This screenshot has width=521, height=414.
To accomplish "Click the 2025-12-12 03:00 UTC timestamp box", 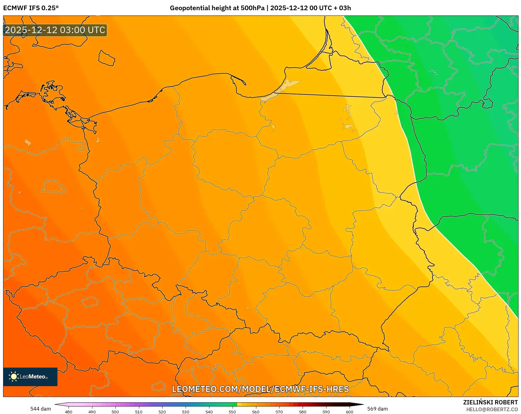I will (x=55, y=30).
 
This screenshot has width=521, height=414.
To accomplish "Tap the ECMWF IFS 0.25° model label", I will (x=31, y=8).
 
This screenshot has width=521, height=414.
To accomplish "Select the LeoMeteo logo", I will (x=30, y=377).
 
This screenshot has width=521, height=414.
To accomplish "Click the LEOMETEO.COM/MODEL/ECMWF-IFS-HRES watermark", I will (x=260, y=389).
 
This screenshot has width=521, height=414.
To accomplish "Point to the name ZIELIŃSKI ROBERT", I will (x=490, y=402).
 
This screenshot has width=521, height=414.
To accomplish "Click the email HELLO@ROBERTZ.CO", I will (x=492, y=409).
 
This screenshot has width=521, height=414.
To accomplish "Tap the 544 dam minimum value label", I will (x=40, y=409).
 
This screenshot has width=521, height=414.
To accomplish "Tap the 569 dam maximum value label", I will (x=377, y=409).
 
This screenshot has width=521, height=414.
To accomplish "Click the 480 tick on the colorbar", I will (x=69, y=412).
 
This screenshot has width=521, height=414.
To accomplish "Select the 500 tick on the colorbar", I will (x=115, y=412).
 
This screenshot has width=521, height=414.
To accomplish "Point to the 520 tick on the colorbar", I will (x=162, y=412).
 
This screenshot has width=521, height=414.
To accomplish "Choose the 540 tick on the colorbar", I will (x=209, y=412).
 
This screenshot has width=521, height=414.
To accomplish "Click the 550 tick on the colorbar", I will (x=232, y=412).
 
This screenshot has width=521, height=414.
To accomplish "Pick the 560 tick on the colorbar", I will (x=256, y=412).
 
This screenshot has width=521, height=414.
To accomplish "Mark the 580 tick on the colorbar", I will (x=303, y=412).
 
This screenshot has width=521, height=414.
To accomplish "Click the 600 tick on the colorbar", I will (x=350, y=412).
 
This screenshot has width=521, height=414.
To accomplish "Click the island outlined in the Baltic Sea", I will (x=107, y=58).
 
